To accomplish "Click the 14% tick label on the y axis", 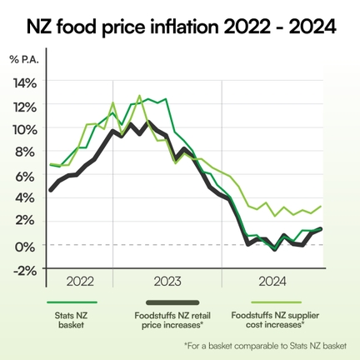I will tap(25, 83).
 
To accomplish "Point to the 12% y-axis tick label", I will tap(25, 107).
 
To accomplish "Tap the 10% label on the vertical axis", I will tap(25, 130).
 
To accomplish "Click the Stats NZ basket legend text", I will tap(69, 322).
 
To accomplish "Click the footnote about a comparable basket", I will tap(270, 344).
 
